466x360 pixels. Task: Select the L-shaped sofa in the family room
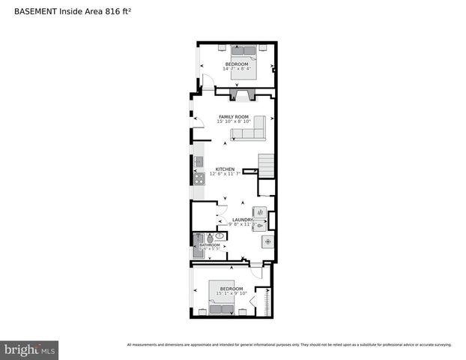(x=249, y=130)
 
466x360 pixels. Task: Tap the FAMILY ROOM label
(x=233, y=117)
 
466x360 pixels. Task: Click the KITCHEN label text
(x=225, y=169)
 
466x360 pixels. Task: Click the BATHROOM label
(x=210, y=244)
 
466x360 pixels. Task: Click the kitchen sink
(x=199, y=161)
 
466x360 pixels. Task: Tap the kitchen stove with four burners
(x=199, y=178)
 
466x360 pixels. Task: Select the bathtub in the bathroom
(x=197, y=245)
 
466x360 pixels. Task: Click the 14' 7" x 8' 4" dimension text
(x=237, y=69)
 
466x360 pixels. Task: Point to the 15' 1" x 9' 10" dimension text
(x=230, y=293)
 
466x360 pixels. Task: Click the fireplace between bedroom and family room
(x=245, y=94)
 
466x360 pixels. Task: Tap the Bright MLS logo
(x=29, y=349)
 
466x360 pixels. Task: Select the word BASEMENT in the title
(x=31, y=11)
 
